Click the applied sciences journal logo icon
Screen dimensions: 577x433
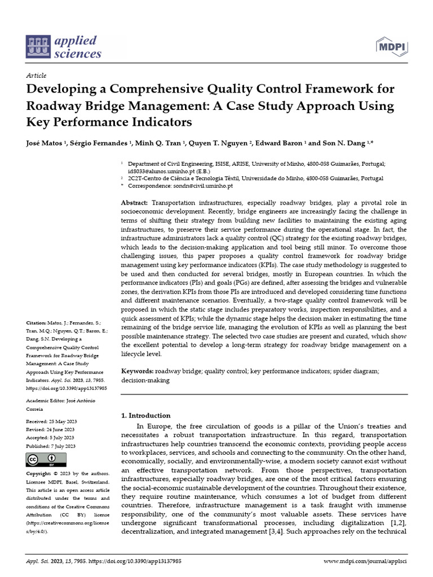tap(38, 47)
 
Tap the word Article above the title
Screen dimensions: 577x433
tap(36, 76)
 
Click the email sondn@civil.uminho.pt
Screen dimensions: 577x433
tap(204, 185)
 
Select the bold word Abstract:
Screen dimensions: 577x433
tap(135, 202)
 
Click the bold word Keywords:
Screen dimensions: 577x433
tap(138, 372)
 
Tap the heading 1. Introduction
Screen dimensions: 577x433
tap(146, 415)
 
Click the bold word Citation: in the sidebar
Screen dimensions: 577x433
tap(38, 323)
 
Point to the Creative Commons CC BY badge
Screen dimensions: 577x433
tap(42, 460)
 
